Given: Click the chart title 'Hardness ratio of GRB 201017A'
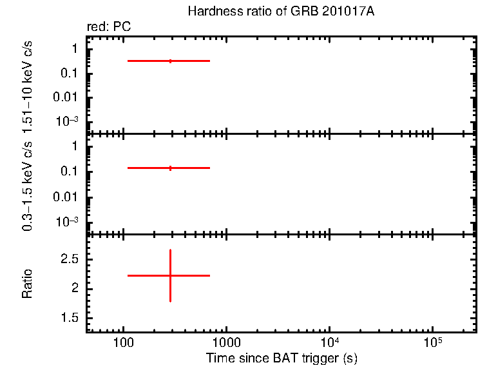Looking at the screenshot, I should click(x=280, y=12).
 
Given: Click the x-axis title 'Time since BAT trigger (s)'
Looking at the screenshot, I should click(x=282, y=357).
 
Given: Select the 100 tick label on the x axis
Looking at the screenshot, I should click(x=123, y=342).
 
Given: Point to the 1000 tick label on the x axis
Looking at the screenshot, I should click(x=225, y=342).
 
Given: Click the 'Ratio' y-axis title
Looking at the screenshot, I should click(x=28, y=283).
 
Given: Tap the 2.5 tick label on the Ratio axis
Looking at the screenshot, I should click(x=70, y=259).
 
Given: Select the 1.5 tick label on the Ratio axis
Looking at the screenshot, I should click(x=70, y=319).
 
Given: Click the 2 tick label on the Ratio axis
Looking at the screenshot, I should click(x=75, y=289).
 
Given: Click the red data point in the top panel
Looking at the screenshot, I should click(x=170, y=61).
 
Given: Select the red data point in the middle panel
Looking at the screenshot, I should click(x=170, y=168).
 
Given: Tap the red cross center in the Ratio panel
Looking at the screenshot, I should click(x=170, y=275).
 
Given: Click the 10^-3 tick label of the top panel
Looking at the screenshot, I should click(x=66, y=121).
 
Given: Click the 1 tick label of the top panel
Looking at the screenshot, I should click(x=75, y=49).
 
